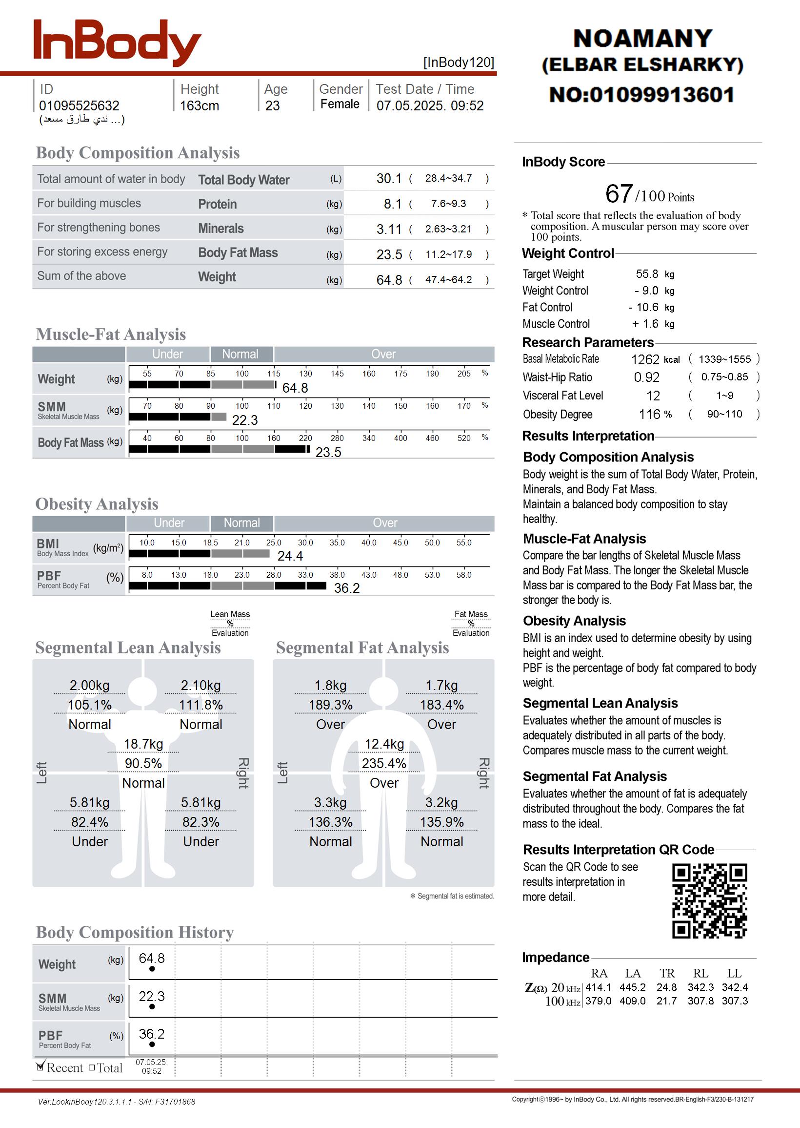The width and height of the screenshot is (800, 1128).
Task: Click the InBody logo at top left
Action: pyautogui.click(x=117, y=43)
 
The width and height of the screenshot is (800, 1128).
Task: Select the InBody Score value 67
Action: pyautogui.click(x=619, y=193)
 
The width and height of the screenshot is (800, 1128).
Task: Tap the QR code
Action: pyautogui.click(x=709, y=900)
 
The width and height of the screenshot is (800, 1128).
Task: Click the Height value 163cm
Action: pyautogui.click(x=199, y=105)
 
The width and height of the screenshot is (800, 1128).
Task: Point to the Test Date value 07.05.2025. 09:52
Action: pyautogui.click(x=430, y=105)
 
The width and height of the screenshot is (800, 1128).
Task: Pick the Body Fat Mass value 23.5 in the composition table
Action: pyautogui.click(x=389, y=254)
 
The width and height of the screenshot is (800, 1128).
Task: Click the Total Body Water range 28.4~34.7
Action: pyautogui.click(x=448, y=178)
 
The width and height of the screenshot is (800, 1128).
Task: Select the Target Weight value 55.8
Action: pyautogui.click(x=646, y=273)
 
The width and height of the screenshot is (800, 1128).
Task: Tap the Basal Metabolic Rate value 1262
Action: pyautogui.click(x=645, y=359)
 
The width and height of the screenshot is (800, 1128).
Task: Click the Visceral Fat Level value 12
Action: pyautogui.click(x=653, y=396)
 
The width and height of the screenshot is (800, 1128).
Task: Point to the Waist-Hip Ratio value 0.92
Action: pyautogui.click(x=646, y=377)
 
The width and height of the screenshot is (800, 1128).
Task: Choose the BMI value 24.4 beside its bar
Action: pyautogui.click(x=290, y=556)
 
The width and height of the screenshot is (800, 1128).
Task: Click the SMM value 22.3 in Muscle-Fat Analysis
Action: pyautogui.click(x=245, y=420)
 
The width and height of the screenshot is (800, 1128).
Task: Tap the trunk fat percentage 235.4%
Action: pyautogui.click(x=384, y=763)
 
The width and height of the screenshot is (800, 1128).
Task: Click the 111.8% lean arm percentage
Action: pyautogui.click(x=200, y=705)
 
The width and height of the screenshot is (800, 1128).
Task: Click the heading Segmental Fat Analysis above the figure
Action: pyautogui.click(x=362, y=648)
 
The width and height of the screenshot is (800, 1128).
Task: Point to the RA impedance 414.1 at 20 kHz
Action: pyautogui.click(x=598, y=987)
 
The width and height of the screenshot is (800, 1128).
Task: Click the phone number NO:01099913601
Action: pyautogui.click(x=642, y=95)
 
